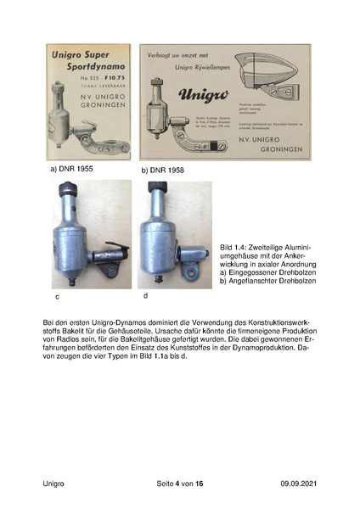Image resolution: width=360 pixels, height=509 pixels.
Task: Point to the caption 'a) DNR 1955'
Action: coord(71,169)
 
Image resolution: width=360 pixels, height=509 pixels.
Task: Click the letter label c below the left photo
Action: coord(56,298)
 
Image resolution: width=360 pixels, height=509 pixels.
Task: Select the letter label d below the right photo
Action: coord(145,295)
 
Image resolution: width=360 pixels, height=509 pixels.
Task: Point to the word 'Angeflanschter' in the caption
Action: coord(255,281)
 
